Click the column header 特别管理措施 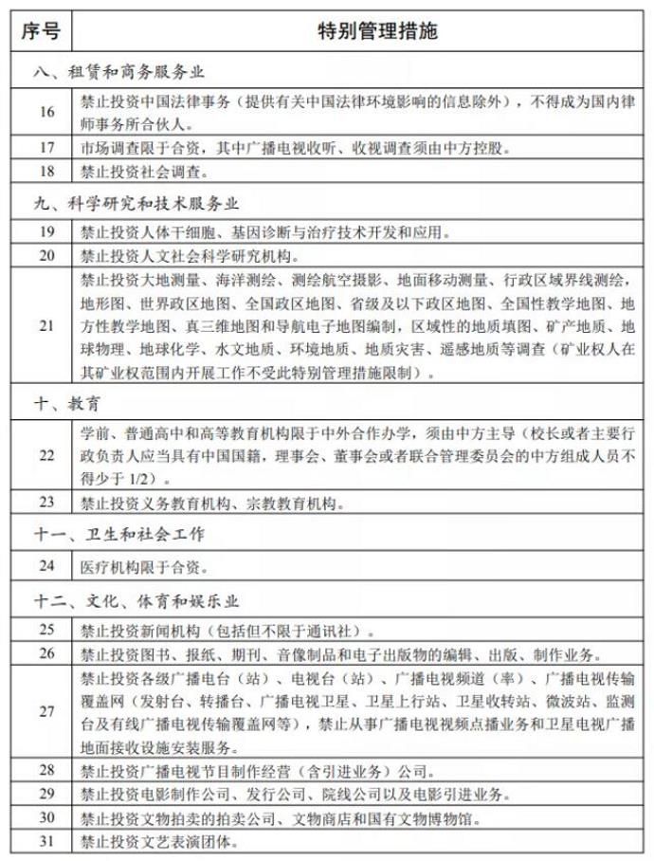click(x=362, y=30)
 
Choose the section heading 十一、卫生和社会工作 click(x=117, y=529)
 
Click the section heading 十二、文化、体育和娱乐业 click(x=134, y=599)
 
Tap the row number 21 click(x=45, y=325)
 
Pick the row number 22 click(x=45, y=453)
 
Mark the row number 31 click(x=45, y=840)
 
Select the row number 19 click(x=45, y=231)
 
